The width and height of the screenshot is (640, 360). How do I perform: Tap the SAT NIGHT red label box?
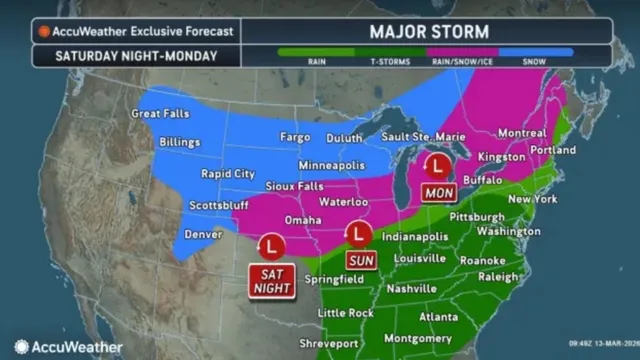[x=271, y=281]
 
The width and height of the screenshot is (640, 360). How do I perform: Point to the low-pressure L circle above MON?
[x=436, y=165]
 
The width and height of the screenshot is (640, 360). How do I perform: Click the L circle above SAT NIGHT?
[x=271, y=246]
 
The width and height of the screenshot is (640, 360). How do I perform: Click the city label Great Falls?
[x=161, y=114]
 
